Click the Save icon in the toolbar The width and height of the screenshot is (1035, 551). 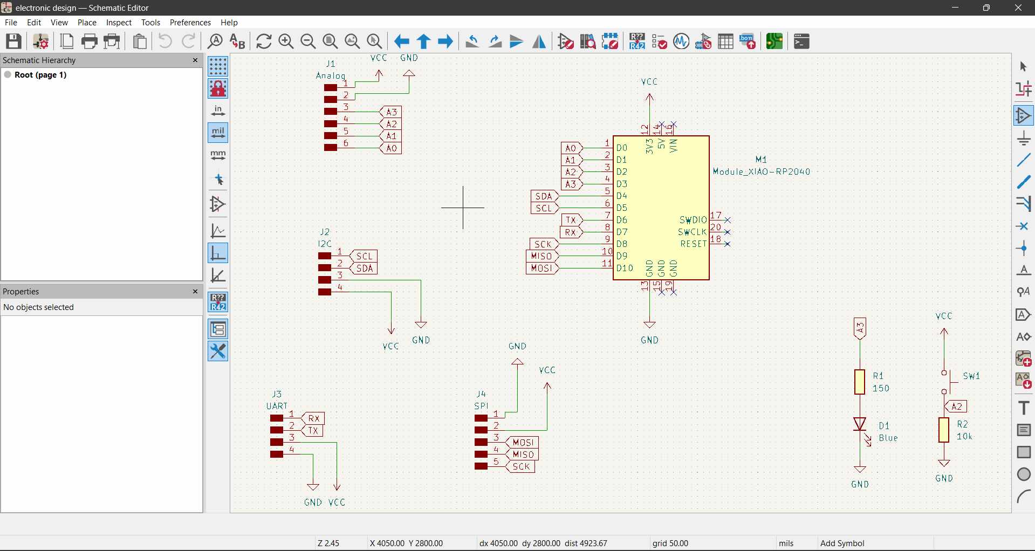point(13,42)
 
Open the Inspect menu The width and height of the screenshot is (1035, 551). point(119,23)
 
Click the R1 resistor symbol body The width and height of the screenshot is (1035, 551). point(860,382)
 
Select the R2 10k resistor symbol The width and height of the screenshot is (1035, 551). point(944,430)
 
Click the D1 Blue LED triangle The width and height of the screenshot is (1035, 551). point(860,424)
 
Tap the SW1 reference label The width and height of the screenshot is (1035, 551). point(971,376)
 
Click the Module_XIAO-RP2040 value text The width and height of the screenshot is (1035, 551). point(762,171)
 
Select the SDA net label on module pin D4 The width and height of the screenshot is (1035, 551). point(544,196)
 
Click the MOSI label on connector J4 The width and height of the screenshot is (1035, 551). point(523,443)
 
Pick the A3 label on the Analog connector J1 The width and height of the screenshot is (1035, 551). point(392,112)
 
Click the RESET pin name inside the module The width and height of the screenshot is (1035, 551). point(693,244)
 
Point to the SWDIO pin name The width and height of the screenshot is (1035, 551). point(693,220)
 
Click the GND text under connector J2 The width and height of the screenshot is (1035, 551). point(421,340)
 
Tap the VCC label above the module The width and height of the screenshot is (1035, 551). point(649,82)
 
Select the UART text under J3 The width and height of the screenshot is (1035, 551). point(277,406)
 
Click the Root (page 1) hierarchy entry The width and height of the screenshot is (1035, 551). point(40,75)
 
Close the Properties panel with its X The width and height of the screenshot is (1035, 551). point(195,292)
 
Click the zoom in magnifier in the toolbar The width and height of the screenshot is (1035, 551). point(286,42)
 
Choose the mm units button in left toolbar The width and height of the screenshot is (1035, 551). point(218,156)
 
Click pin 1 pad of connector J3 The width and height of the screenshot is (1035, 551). point(277,418)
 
